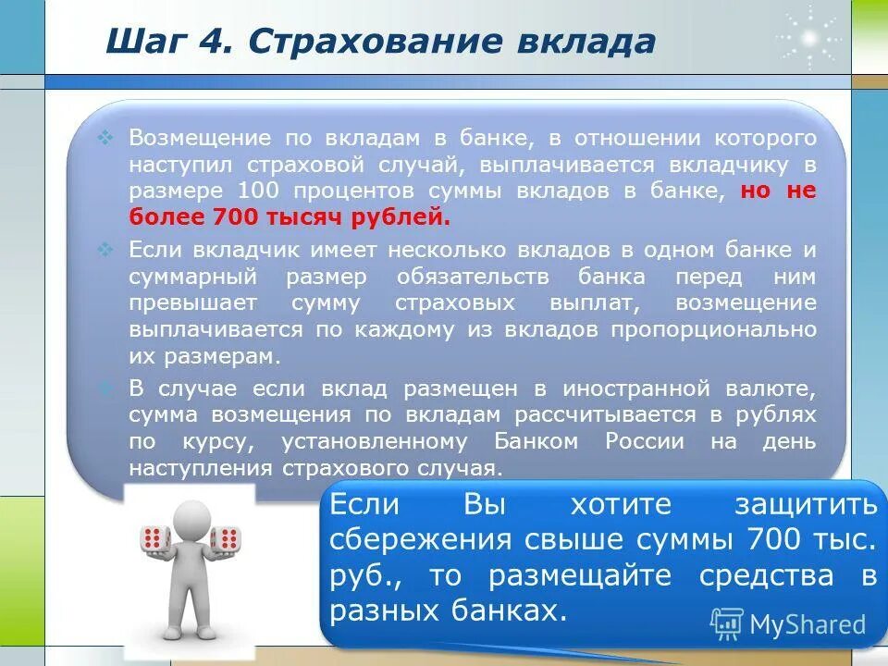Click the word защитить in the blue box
(805, 505)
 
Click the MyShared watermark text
(806, 624)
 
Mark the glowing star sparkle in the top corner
(808, 38)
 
